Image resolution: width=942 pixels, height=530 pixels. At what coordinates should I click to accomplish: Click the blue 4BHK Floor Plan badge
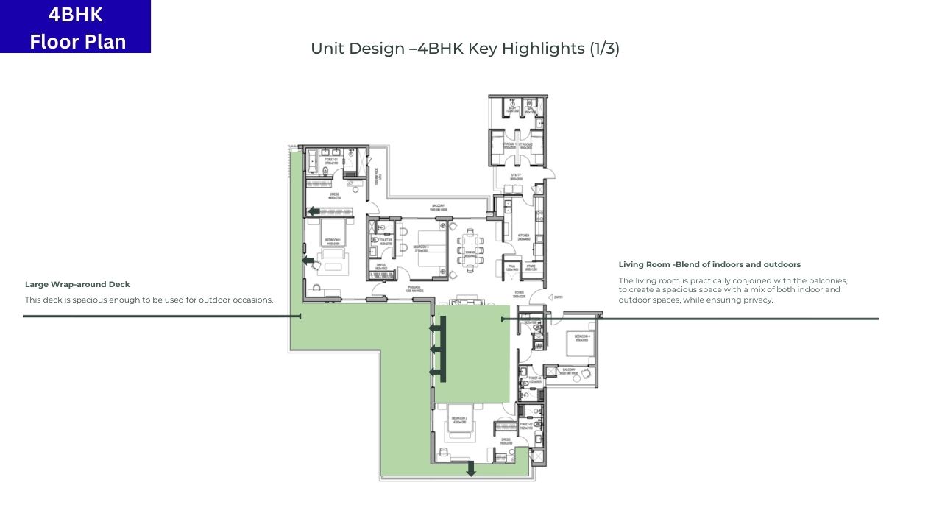coord(75,26)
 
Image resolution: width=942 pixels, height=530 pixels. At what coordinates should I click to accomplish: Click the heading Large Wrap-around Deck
coord(77,284)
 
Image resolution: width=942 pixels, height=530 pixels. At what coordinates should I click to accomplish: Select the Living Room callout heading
coord(709,264)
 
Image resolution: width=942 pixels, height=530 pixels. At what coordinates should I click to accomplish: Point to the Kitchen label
coord(524,237)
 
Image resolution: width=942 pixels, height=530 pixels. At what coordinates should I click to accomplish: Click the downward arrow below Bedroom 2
coord(471,469)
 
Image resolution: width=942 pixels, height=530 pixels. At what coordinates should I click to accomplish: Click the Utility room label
coord(517,177)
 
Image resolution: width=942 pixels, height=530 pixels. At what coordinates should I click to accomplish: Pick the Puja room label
coord(511,268)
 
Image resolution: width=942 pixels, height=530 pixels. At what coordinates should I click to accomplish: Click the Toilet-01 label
coord(330,160)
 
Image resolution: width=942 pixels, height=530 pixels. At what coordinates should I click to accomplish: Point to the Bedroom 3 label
coord(421,248)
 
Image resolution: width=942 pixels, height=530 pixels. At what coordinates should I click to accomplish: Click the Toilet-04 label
coord(534,379)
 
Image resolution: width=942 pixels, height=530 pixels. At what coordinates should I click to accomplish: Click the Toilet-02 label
coord(525,425)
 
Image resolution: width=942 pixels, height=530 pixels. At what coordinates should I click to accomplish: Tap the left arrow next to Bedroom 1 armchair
coord(308,260)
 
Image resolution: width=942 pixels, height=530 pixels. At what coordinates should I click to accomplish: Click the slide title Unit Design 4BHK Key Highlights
coord(465,49)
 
